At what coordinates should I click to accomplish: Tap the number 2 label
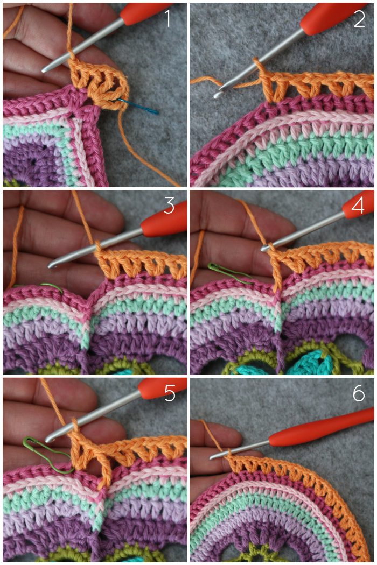point(359,19)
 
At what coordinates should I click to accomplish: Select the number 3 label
point(169,206)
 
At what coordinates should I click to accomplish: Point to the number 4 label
point(358,206)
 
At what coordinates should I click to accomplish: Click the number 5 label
point(170,393)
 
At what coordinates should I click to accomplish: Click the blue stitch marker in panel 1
point(139,105)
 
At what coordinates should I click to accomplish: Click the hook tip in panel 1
point(44,69)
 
